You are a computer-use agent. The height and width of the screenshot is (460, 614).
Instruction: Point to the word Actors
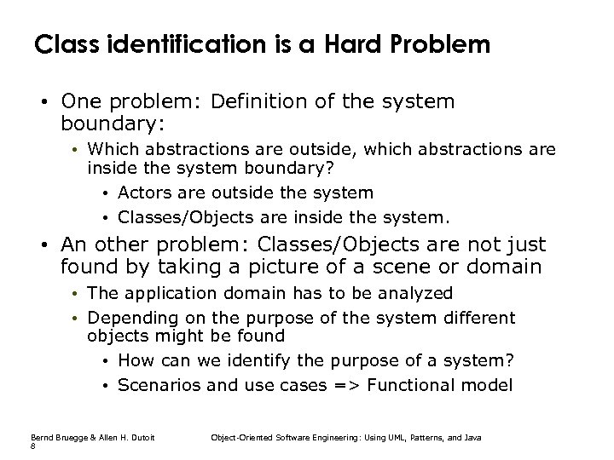[143, 193]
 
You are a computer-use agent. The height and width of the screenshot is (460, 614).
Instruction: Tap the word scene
[391, 267]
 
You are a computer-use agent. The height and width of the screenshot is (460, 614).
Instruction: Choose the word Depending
[127, 319]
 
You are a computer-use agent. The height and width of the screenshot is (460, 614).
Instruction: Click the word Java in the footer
[473, 437]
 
